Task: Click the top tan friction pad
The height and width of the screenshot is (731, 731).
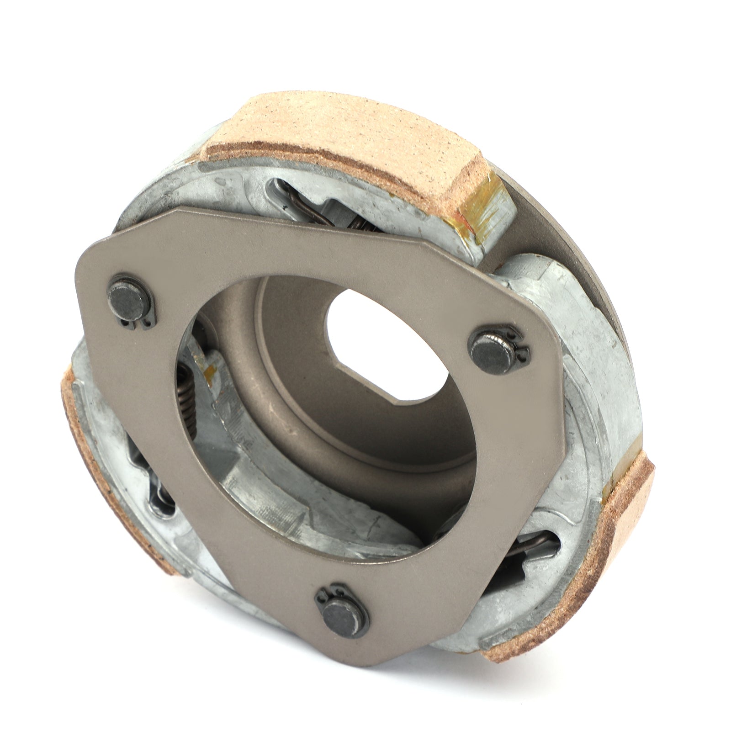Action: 347,137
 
